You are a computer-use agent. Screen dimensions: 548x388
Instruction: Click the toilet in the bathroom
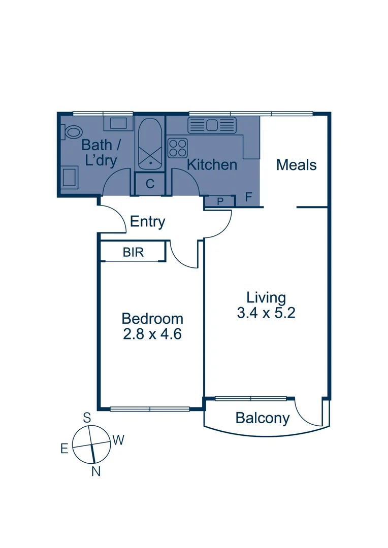click(x=72, y=132)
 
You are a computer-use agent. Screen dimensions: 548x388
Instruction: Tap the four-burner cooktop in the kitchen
click(x=178, y=148)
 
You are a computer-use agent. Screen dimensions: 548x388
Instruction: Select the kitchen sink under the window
click(x=212, y=125)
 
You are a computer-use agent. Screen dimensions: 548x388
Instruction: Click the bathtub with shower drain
click(x=150, y=144)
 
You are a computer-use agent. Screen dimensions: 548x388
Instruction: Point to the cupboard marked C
click(x=150, y=184)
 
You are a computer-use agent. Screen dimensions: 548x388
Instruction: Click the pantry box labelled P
click(x=220, y=201)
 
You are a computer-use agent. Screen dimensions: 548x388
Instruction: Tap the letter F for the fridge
click(x=249, y=197)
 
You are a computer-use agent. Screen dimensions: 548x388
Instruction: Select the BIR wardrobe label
click(x=133, y=253)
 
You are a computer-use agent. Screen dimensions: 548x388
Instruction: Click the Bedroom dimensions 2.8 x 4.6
click(x=152, y=334)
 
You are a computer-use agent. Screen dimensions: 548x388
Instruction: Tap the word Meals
click(x=296, y=165)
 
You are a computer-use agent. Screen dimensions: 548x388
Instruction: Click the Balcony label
click(x=263, y=419)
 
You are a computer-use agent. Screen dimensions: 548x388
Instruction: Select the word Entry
click(x=148, y=222)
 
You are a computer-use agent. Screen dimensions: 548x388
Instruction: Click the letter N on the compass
click(x=95, y=472)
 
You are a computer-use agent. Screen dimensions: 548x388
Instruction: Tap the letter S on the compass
click(x=87, y=418)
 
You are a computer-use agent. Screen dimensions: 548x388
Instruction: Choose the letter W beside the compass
click(x=118, y=440)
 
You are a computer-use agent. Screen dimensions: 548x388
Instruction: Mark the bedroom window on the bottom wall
click(x=150, y=408)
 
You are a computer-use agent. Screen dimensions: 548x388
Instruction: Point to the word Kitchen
click(x=212, y=165)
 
